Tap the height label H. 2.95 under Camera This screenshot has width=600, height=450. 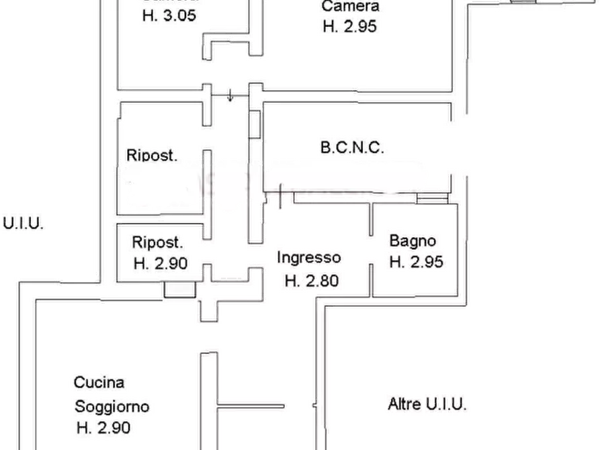(x=349, y=27)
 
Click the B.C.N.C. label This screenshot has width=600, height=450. (x=352, y=148)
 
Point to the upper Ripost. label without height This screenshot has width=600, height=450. (x=153, y=155)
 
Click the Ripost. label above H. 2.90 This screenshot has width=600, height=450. (x=159, y=242)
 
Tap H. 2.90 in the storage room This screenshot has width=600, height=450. (x=160, y=263)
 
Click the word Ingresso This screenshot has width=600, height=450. (x=310, y=257)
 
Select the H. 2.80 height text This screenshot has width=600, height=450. (x=312, y=281)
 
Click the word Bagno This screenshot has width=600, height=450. (x=413, y=240)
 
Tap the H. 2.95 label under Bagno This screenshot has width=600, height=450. (x=417, y=262)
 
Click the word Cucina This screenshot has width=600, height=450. (x=99, y=383)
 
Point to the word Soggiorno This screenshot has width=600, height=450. (x=112, y=406)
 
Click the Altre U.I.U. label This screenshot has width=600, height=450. (x=427, y=404)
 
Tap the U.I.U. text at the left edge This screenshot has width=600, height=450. (x=23, y=224)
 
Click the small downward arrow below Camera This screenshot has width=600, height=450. (x=230, y=95)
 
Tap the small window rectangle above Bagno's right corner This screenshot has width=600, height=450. (x=431, y=198)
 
